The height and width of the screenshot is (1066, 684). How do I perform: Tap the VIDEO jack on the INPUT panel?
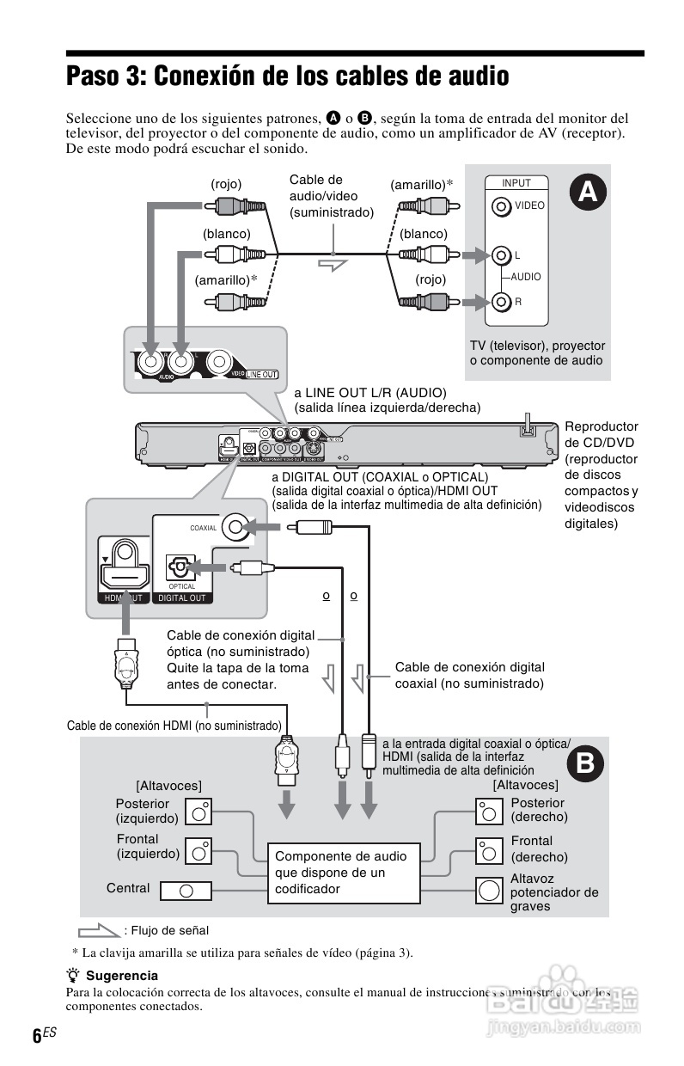point(501,206)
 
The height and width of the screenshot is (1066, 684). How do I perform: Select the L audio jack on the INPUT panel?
point(501,255)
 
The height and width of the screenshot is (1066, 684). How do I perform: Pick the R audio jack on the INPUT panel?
point(501,302)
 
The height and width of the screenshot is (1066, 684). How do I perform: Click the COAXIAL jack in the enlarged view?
point(235,528)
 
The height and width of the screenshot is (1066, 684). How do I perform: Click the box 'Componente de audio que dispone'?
point(343,873)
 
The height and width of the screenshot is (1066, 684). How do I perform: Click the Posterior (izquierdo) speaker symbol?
point(199,811)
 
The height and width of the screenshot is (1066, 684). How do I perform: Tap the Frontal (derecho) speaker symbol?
point(488,850)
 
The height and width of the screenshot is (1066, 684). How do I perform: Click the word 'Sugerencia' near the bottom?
point(122,976)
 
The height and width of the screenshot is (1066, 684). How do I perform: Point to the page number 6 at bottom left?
point(37,1036)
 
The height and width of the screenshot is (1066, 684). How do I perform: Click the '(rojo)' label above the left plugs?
point(226,184)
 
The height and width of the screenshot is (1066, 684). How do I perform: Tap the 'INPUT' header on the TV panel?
point(516,183)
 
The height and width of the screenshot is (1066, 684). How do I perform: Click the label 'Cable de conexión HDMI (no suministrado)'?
point(174,726)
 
